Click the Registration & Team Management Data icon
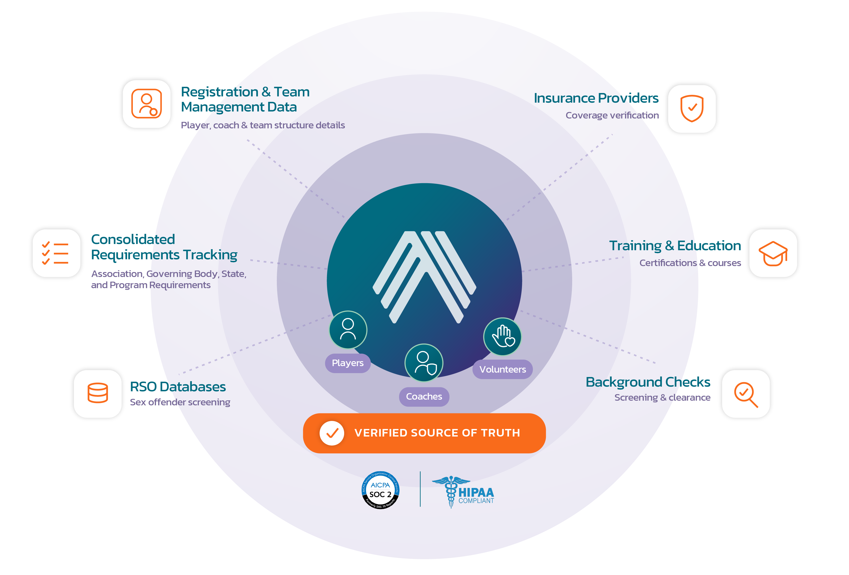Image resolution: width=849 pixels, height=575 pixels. click(147, 104)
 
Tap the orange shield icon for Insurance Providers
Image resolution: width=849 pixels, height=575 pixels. click(691, 108)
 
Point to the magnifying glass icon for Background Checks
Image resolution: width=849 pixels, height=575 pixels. click(745, 394)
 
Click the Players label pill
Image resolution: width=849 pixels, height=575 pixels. click(347, 363)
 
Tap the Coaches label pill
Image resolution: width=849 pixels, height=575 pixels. click(424, 396)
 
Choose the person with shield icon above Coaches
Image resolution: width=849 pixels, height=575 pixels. click(424, 363)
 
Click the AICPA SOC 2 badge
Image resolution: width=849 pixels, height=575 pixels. click(380, 490)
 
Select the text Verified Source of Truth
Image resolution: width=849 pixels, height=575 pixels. click(437, 433)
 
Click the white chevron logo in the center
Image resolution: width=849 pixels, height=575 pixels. click(424, 277)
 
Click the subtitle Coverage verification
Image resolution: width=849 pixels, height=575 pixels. click(612, 115)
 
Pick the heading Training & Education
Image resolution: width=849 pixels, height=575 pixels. click(675, 246)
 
